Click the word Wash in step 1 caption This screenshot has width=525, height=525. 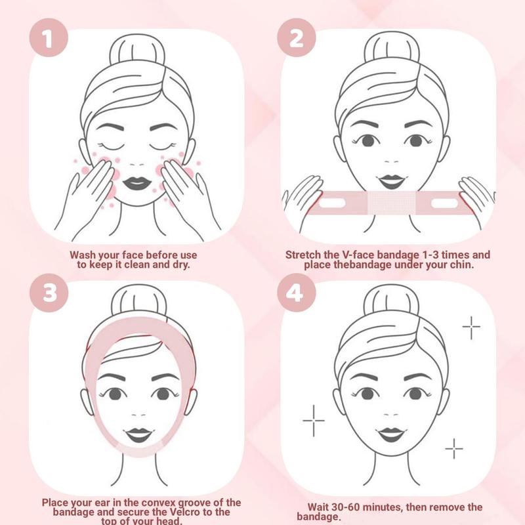coord(85,254)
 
